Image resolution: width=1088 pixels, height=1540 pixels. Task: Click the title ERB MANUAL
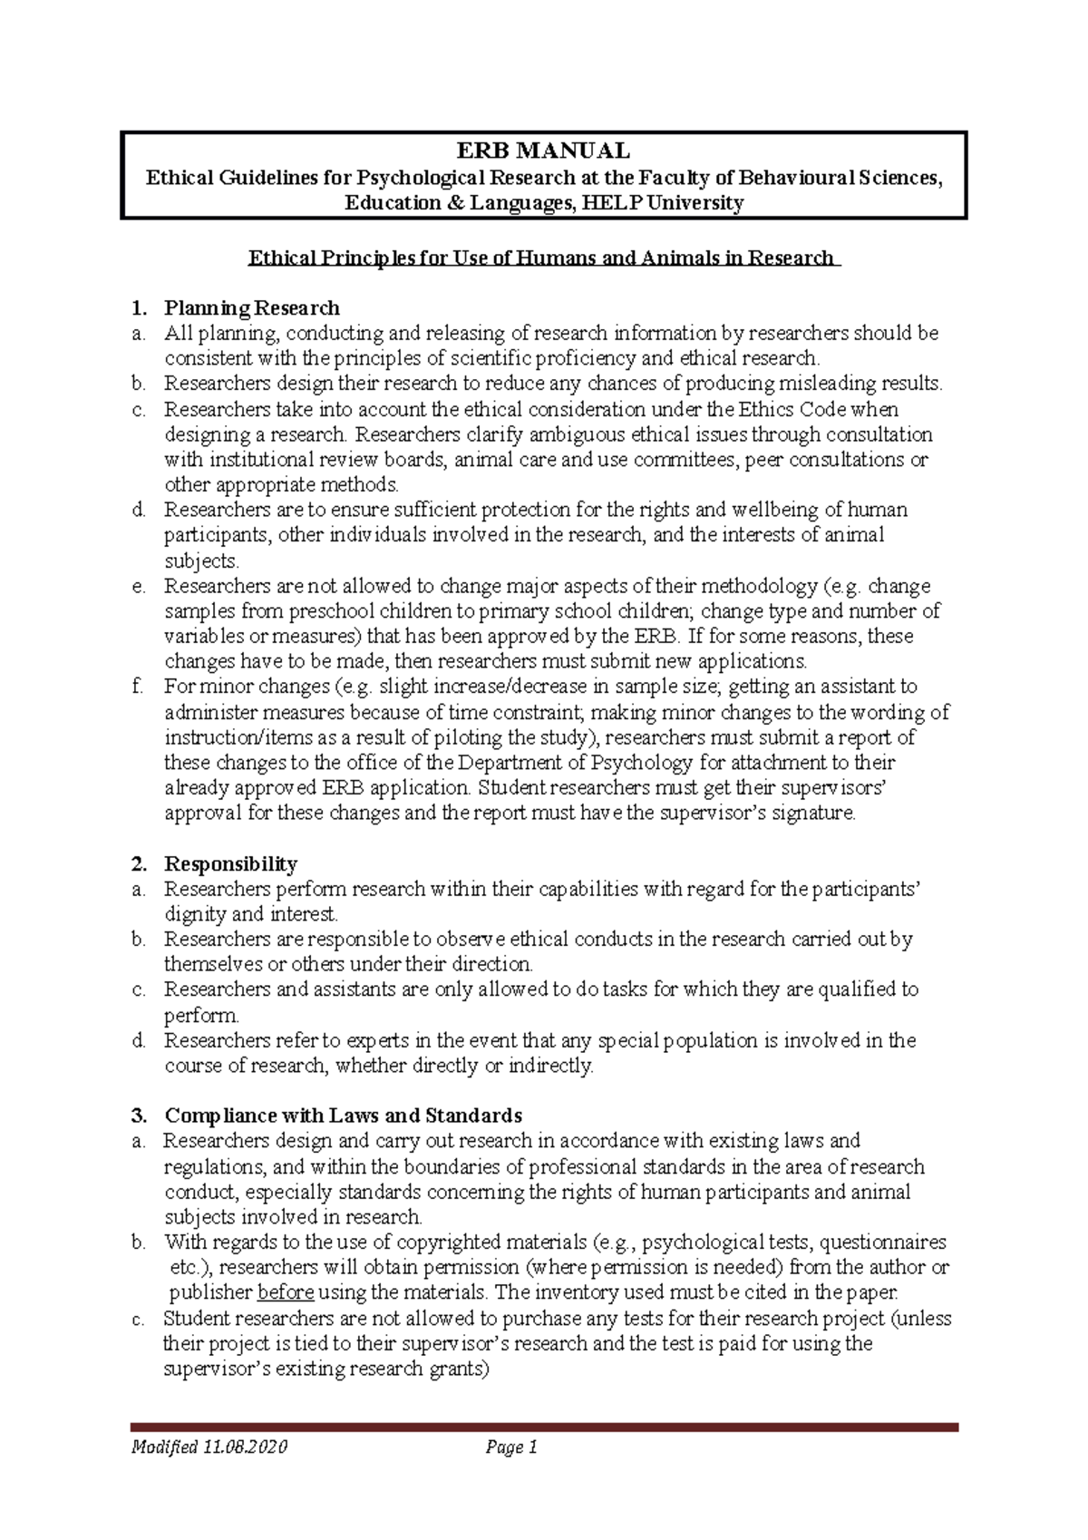point(543,150)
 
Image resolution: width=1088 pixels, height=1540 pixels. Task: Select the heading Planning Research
point(251,307)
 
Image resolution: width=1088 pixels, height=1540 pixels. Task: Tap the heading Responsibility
point(230,863)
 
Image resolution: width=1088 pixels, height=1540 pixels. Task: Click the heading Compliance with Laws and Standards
point(343,1115)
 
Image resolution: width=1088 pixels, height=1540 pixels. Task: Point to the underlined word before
point(286,1292)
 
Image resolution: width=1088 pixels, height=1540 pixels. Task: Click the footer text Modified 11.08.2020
point(209,1447)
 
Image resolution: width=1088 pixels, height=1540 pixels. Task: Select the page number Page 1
point(512,1447)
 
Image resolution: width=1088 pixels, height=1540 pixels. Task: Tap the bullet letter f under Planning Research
point(137,687)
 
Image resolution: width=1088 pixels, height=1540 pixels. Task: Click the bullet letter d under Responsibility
point(138,1040)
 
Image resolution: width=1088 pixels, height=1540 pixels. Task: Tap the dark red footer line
point(544,1428)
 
